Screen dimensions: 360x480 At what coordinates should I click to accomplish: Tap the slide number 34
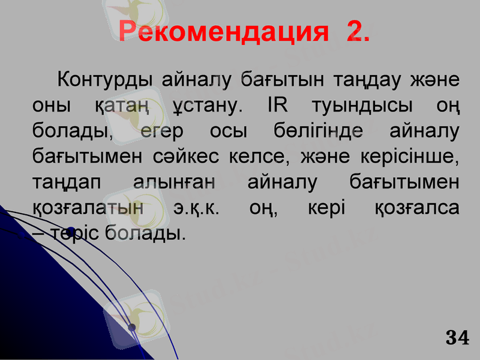point(457,338)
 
